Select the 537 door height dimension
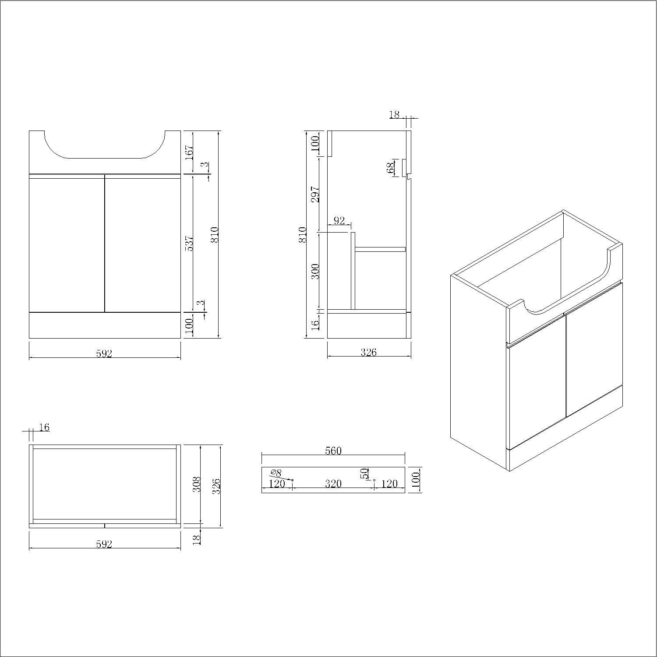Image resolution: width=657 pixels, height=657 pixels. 189,244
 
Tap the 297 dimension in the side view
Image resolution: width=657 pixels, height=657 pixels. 315,194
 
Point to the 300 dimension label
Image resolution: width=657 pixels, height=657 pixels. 315,271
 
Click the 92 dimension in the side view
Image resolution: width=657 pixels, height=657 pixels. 339,221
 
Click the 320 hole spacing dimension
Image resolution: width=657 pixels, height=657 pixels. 333,484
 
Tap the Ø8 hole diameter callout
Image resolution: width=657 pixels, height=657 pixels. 276,473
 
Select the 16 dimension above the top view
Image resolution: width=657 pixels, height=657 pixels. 44,427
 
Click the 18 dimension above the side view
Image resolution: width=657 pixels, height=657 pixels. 394,115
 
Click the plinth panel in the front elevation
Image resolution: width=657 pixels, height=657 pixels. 105,325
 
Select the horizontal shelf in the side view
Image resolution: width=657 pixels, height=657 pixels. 380,250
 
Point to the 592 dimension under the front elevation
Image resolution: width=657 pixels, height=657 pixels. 104,353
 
